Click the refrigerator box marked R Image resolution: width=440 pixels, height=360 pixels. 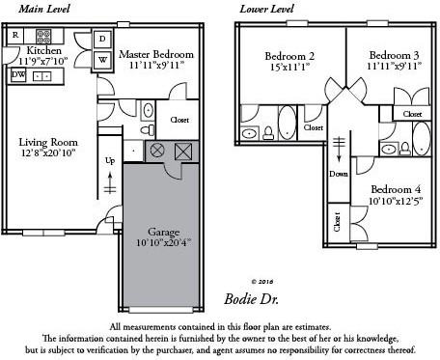coord(15,36)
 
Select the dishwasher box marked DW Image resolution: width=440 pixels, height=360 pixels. coord(17,73)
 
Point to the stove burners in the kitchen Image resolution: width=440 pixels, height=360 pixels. coord(43,37)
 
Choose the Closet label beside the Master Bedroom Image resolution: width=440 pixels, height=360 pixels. coord(179,120)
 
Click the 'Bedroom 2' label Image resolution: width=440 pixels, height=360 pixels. coord(289,55)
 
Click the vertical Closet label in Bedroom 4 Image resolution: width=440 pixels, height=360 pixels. coord(336,221)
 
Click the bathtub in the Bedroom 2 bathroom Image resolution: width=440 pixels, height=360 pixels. coord(287,124)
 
